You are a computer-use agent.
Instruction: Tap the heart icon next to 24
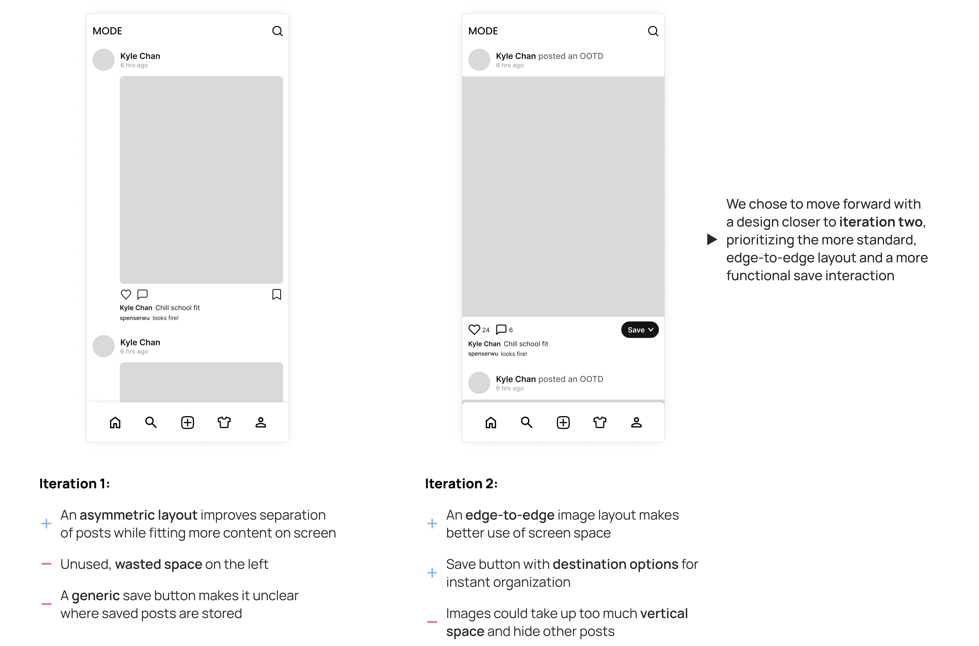click(474, 330)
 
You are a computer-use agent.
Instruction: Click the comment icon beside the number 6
click(501, 330)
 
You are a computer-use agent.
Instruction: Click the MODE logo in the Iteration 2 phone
click(483, 31)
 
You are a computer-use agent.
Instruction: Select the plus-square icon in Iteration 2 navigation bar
click(563, 422)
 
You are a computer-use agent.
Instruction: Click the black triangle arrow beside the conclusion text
click(712, 239)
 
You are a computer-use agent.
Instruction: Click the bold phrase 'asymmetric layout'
click(138, 515)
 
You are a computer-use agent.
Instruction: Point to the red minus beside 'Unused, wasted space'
click(47, 564)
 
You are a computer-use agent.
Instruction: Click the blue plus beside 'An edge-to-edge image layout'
click(432, 524)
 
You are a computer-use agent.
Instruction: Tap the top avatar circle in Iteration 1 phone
click(103, 60)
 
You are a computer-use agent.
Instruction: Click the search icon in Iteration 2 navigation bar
click(527, 422)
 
